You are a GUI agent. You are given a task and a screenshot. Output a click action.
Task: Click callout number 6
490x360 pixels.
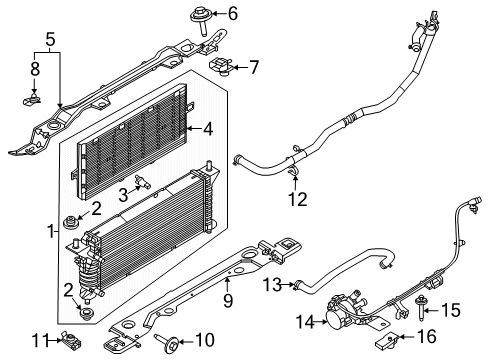[233, 14]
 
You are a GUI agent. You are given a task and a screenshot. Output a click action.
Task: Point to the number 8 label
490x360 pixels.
[35, 70]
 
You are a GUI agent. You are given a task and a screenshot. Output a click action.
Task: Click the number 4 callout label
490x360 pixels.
[208, 128]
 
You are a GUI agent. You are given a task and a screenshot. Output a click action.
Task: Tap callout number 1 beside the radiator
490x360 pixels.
[51, 231]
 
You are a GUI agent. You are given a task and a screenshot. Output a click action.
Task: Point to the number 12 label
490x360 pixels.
[297, 199]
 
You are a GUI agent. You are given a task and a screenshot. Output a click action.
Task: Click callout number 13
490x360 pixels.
[273, 285]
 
